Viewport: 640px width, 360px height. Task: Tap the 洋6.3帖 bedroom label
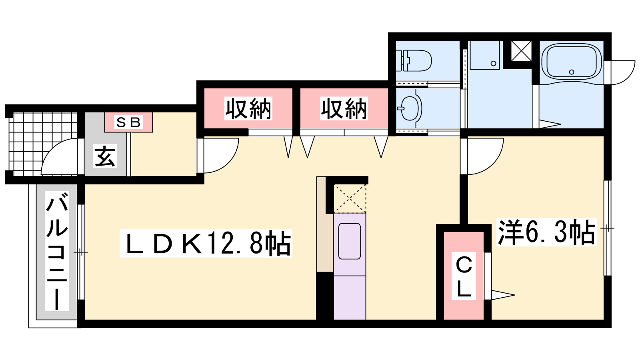546,232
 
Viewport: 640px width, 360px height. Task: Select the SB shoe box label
128,122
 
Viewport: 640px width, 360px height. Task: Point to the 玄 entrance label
105,156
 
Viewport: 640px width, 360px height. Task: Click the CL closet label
464,276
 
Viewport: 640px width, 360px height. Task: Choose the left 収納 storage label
248,108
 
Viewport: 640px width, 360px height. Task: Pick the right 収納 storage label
344,108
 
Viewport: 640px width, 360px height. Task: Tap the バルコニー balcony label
57,251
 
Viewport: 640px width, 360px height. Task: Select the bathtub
571,62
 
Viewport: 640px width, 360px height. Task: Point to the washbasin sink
410,108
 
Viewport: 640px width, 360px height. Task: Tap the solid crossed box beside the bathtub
521,51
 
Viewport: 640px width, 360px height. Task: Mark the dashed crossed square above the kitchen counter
350,198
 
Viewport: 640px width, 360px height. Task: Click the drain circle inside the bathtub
572,72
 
